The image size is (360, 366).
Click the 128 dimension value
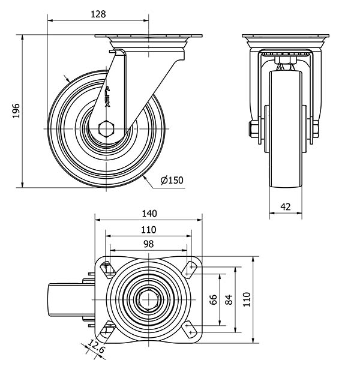tap(98, 14)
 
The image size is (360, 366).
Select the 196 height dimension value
tap(16, 110)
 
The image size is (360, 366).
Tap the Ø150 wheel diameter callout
tap(172, 180)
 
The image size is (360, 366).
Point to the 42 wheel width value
tap(286, 207)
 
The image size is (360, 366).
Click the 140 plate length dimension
tap(149, 214)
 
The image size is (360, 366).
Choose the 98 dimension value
tap(148, 244)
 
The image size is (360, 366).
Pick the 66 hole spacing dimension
tap(214, 299)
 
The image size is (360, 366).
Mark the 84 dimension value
tap(229, 299)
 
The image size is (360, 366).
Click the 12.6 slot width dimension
tap(97, 346)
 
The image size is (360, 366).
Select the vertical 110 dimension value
tap(247, 299)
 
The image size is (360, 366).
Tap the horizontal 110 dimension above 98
tap(148, 230)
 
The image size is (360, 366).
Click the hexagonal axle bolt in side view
tap(106, 129)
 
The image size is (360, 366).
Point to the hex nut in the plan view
tap(149, 299)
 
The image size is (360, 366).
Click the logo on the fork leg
tap(107, 97)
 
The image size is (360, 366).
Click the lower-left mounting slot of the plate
tap(108, 329)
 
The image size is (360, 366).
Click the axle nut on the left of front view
tap(253, 129)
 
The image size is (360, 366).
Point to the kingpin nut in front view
tap(286, 60)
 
